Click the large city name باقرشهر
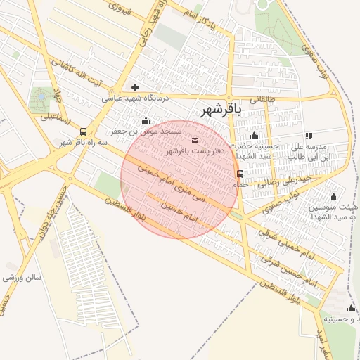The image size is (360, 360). click(x=221, y=109)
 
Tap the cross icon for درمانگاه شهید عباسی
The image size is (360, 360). click(x=135, y=88)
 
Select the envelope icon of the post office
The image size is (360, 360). click(x=195, y=141)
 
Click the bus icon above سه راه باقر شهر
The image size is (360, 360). click(x=84, y=131)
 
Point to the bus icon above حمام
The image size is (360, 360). click(x=240, y=174)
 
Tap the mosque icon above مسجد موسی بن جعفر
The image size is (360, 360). click(x=146, y=121)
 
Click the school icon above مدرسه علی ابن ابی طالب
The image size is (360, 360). click(x=309, y=136)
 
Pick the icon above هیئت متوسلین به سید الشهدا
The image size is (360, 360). click(x=333, y=196)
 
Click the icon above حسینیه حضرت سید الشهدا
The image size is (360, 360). click(x=254, y=136)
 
